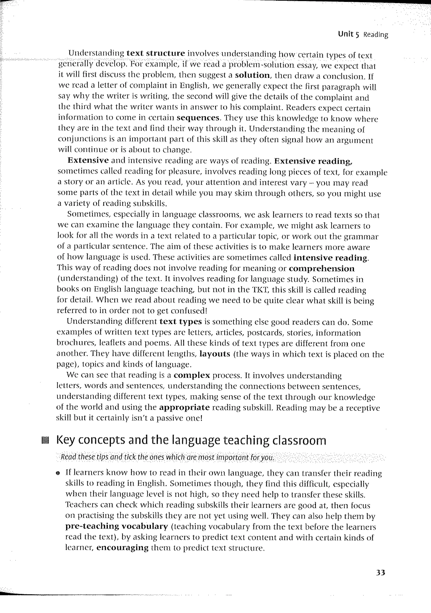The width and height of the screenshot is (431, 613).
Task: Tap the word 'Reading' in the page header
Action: pyautogui.click(x=376, y=35)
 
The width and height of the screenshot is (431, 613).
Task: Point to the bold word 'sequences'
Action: pyautogui.click(x=198, y=118)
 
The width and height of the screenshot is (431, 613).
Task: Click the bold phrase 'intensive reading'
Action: pyautogui.click(x=331, y=258)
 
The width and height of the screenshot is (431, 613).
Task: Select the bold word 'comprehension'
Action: pyautogui.click(x=322, y=268)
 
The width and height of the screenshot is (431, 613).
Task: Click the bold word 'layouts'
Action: pyautogui.click(x=215, y=354)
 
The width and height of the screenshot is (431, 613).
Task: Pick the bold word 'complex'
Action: pyautogui.click(x=192, y=375)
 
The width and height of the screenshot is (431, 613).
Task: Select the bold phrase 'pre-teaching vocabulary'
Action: pyautogui.click(x=117, y=526)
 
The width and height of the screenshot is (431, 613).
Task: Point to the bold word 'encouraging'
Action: pyautogui.click(x=122, y=548)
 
